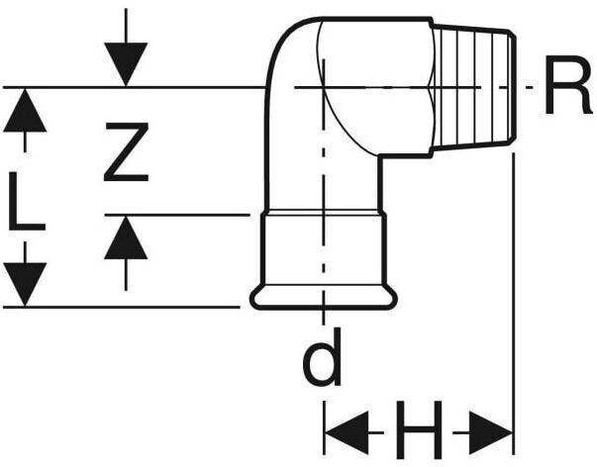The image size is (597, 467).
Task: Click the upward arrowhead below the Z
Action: tap(126, 237)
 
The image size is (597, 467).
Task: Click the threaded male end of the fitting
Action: tap(473, 89)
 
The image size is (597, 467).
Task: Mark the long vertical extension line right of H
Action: tap(513, 297)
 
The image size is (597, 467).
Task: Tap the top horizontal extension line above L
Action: tap(149, 87)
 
